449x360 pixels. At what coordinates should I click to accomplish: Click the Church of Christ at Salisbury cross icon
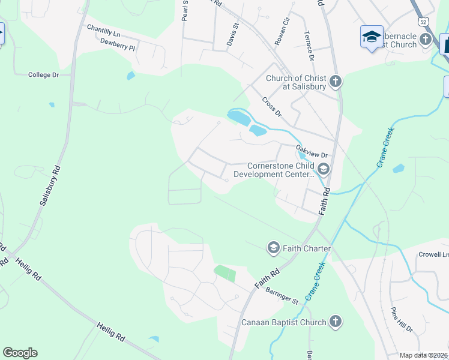click(335, 81)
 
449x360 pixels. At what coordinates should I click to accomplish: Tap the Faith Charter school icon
click(273, 247)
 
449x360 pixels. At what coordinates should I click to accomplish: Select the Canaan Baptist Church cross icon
click(335, 322)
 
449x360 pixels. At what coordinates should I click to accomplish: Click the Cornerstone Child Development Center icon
click(324, 169)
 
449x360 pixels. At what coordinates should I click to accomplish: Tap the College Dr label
click(44, 75)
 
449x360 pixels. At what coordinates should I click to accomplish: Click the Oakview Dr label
click(311, 151)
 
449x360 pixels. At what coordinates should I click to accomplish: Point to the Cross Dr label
click(271, 106)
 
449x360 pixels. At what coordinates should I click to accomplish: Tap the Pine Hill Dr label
click(402, 320)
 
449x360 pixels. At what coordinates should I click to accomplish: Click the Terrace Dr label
click(309, 46)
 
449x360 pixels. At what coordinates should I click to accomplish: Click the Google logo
click(20, 353)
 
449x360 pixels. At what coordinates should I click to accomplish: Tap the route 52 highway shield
click(424, 22)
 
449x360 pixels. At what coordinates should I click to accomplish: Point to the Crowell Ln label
click(433, 255)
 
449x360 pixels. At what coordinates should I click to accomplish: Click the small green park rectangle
click(225, 274)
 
